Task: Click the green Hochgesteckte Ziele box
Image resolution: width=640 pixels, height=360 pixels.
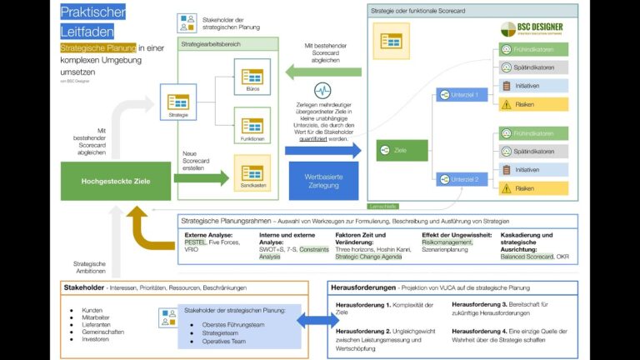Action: coord(114,181)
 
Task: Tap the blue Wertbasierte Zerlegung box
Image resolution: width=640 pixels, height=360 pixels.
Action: coord(324,180)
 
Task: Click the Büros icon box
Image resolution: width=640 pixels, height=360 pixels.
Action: coord(251,77)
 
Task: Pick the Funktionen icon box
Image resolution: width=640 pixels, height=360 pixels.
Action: coord(251,126)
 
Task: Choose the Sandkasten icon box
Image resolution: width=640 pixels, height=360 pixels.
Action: coord(251,176)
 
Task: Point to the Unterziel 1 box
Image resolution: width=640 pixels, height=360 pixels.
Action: coord(460,95)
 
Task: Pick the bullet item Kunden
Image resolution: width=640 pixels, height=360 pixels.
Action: coord(92,310)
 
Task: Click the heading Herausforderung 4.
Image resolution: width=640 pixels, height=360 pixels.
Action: coord(478,331)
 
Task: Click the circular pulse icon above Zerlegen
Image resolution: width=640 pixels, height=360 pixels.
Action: coord(323,91)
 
